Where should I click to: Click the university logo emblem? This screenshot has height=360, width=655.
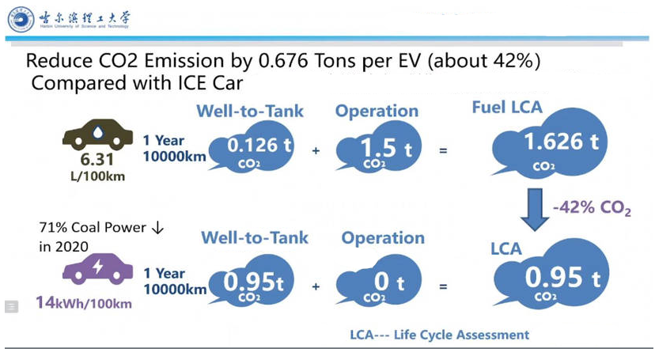click(21, 19)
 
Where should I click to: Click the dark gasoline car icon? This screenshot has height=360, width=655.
click(97, 135)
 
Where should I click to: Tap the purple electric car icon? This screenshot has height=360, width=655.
click(97, 269)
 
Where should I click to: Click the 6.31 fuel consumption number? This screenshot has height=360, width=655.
click(98, 161)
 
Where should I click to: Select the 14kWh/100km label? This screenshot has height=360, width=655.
click(83, 302)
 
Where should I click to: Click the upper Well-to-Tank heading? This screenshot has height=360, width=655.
click(250, 111)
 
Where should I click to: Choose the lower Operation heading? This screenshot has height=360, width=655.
click(383, 237)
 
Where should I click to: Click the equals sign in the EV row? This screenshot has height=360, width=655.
click(443, 286)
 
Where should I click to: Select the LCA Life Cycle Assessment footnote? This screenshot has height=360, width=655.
click(439, 335)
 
